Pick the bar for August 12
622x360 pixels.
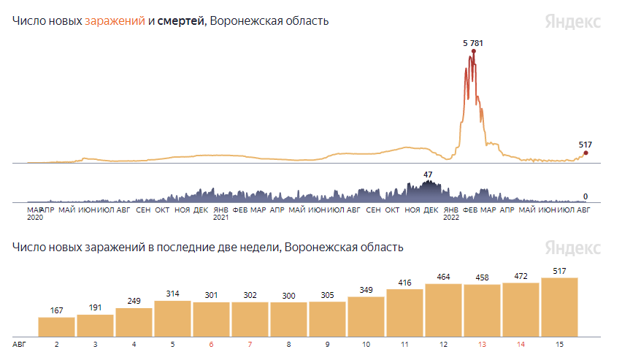[x=443, y=309]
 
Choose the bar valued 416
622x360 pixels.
[x=404, y=312]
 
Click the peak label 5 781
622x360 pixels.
[x=473, y=43]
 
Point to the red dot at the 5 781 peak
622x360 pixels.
[x=474, y=51]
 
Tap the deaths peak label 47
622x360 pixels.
[x=429, y=175]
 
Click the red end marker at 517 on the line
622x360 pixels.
[x=585, y=153]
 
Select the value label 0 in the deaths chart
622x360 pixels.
[x=585, y=196]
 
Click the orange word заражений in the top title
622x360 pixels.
[x=115, y=20]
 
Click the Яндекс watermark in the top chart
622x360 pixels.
[x=573, y=21]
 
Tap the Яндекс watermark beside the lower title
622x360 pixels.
[x=573, y=248]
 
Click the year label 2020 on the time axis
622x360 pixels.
[x=35, y=217]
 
